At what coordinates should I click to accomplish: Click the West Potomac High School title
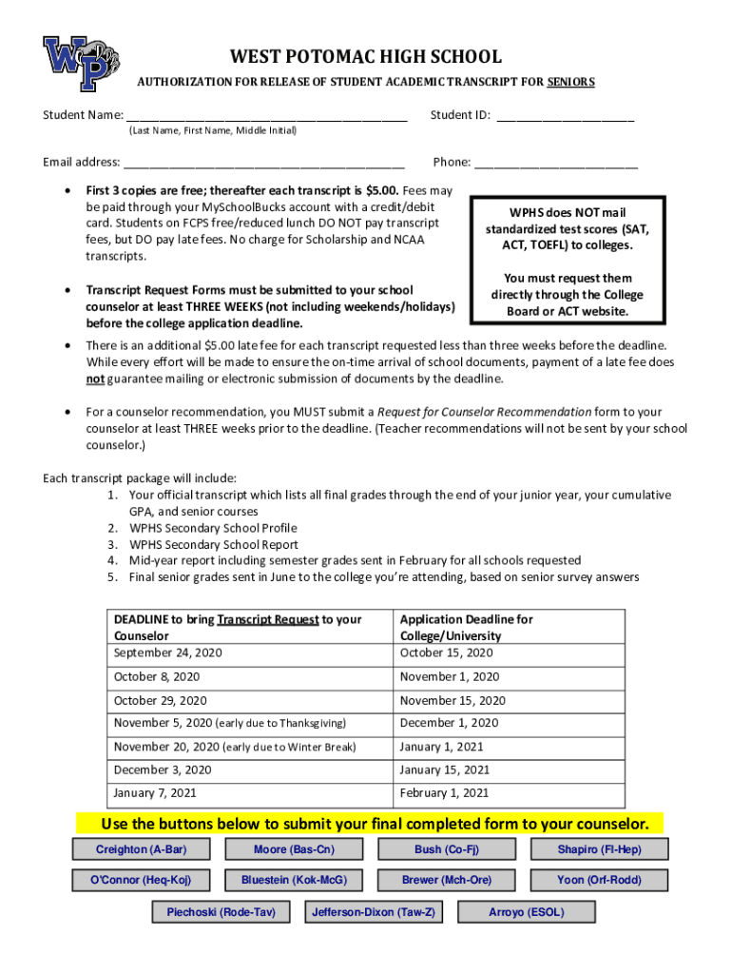(366, 57)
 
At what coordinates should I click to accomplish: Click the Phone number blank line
(556, 163)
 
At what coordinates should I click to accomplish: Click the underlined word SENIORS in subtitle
(570, 83)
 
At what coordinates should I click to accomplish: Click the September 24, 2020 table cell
(167, 653)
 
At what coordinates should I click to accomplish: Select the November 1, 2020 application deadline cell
(449, 676)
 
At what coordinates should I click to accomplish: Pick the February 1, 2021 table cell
(444, 792)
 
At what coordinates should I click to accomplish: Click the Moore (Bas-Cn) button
(294, 849)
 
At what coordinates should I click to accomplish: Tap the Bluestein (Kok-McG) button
(294, 880)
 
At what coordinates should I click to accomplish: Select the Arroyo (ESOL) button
(526, 912)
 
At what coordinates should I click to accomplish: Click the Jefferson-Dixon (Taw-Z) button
(373, 912)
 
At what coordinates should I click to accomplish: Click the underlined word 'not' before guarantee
(95, 379)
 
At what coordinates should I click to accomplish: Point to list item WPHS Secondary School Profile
(213, 528)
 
